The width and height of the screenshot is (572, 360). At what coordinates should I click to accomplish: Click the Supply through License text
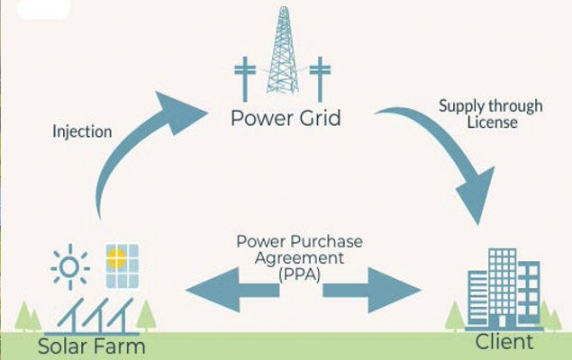point(491,113)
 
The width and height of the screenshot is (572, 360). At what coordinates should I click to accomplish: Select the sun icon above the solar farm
point(69,266)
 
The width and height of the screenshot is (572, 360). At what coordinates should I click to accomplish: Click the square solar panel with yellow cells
point(123,262)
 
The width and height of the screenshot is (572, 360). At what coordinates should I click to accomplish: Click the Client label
point(504,342)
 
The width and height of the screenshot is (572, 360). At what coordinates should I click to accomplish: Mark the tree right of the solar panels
point(146,313)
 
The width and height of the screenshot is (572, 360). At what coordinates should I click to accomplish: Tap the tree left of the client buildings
point(457,314)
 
